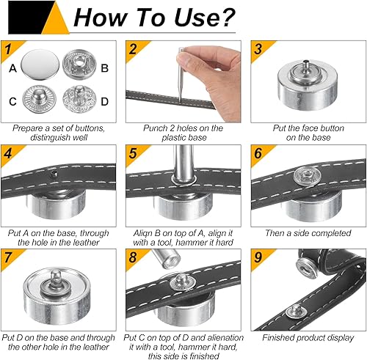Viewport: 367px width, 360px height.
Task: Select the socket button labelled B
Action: click(79, 64)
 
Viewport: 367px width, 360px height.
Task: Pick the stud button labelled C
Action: click(40, 99)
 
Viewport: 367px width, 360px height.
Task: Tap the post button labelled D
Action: click(79, 99)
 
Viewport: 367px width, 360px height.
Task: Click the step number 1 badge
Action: click(8, 49)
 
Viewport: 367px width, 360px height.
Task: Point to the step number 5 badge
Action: click(133, 153)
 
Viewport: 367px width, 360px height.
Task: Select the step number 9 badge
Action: click(258, 257)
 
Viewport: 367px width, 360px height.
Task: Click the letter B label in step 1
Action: click(104, 68)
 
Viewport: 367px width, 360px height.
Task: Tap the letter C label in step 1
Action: click(12, 102)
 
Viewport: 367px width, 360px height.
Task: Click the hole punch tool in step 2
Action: click(181, 75)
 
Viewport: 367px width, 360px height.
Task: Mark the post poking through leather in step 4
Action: click(53, 174)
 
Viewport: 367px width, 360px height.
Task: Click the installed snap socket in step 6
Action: click(304, 176)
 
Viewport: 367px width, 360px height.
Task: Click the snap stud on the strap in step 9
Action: click(296, 312)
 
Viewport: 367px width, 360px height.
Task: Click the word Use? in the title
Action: click(205, 17)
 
